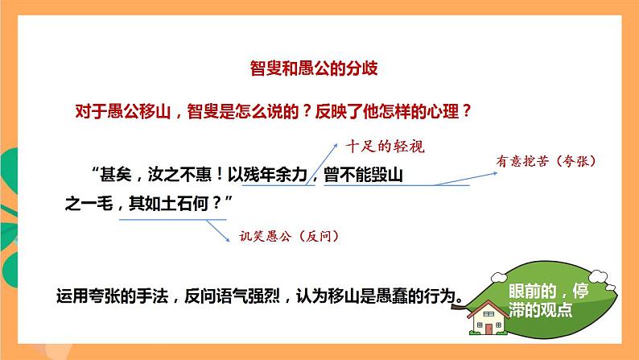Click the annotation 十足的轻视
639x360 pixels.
point(384,147)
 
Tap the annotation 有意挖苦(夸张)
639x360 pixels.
point(546,161)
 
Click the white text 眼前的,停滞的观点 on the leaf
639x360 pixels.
point(540,300)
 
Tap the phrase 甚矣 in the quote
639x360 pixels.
point(117,174)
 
